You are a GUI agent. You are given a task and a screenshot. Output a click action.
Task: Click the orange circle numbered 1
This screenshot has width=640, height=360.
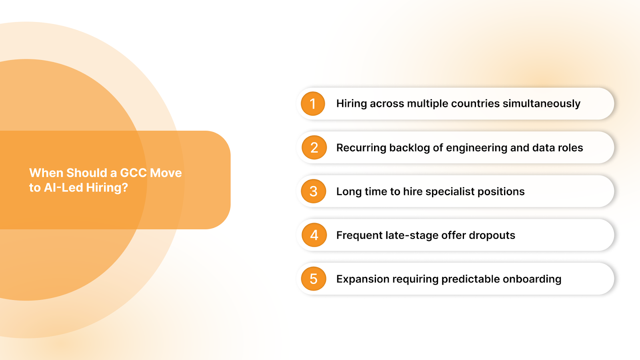(313, 104)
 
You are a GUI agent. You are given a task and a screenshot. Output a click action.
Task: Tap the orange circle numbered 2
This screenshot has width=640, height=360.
(314, 148)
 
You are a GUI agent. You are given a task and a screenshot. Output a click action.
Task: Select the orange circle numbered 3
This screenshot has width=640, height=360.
(314, 191)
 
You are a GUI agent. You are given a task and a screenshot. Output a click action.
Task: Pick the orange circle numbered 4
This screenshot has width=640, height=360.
(314, 235)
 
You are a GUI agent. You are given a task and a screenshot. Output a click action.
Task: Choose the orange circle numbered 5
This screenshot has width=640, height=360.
(314, 279)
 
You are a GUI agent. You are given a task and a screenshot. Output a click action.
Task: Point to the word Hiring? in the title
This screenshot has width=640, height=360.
(107, 188)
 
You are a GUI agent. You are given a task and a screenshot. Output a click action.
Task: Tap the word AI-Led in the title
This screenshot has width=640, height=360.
(64, 188)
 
